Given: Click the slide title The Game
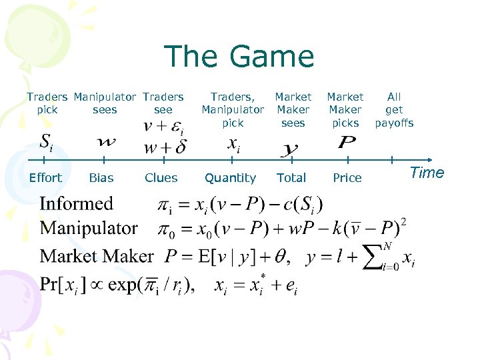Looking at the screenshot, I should [238, 57].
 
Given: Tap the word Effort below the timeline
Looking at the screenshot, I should [45, 178].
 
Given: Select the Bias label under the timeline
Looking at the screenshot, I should [101, 178].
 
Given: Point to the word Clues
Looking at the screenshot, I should [161, 178].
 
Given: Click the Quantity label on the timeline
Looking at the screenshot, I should [230, 178].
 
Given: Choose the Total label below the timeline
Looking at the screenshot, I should [291, 178].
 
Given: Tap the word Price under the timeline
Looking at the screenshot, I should [347, 178].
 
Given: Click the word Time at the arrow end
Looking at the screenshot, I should [427, 173].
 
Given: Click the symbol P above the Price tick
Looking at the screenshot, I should [346, 143].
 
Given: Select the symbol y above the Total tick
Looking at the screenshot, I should [289, 149].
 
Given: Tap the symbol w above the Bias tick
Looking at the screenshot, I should [105, 142].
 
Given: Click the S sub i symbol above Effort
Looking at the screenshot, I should [45, 142].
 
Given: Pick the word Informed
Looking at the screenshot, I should [76, 204].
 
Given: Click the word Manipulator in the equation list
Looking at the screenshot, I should [89, 229].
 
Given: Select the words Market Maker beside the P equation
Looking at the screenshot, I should [97, 256].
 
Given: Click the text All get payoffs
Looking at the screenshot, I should [394, 110].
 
